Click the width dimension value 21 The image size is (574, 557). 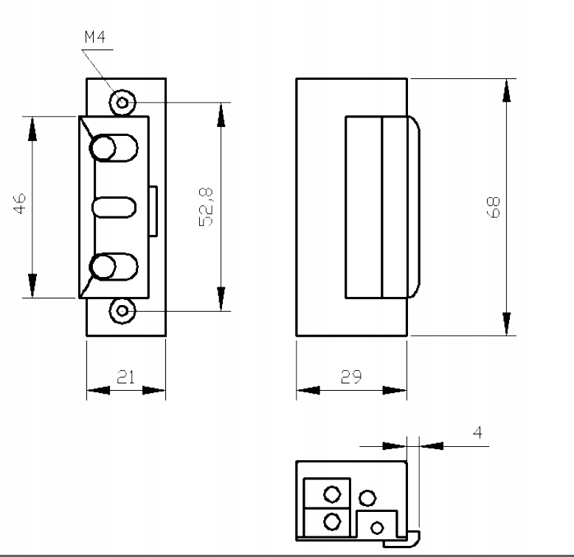coord(126,377)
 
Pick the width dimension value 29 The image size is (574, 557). coord(351,377)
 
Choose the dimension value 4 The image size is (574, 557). coord(477,432)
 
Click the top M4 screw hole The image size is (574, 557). coord(122,102)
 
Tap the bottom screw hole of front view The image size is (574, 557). coord(122,311)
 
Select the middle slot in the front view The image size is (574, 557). coord(115,208)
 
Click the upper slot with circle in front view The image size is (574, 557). coord(114,147)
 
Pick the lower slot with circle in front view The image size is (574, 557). coord(114,267)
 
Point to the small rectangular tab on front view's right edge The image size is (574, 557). coord(153,211)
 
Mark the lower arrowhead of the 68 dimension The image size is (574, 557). coord(506,324)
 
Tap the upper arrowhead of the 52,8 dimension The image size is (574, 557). coord(220,115)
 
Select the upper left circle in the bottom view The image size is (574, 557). coord(332,493)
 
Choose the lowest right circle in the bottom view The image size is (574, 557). coord(377,527)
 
